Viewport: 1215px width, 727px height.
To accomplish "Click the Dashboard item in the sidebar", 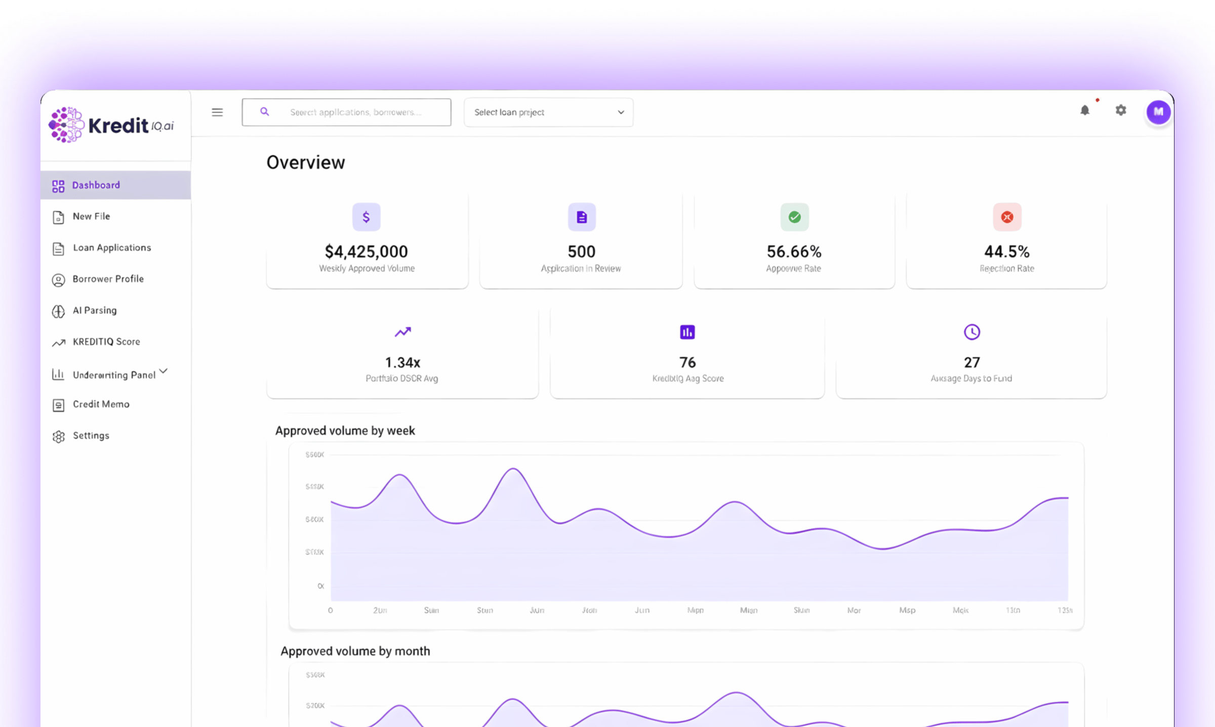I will (x=96, y=185).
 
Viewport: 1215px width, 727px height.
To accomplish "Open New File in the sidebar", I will (x=91, y=217).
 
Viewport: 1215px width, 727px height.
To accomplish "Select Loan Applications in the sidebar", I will (x=111, y=248).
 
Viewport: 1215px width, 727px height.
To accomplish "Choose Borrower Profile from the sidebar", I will (x=108, y=279).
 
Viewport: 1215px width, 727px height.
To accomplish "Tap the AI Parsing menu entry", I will (x=95, y=311).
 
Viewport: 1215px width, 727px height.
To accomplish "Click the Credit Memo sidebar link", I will (x=101, y=405).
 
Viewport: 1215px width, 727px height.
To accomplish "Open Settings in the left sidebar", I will (x=91, y=436).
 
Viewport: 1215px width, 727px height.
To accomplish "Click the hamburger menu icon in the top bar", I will (x=217, y=112).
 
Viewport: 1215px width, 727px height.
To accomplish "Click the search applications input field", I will (x=354, y=112).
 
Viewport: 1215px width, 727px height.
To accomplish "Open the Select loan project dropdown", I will (x=548, y=112).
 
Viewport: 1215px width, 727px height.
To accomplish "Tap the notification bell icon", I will (x=1085, y=110).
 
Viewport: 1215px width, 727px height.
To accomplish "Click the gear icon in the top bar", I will (x=1121, y=110).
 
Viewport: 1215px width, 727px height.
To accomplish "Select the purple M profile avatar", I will (x=1158, y=112).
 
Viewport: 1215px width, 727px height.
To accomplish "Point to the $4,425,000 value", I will (x=366, y=252).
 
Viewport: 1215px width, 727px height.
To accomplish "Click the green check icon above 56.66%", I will (x=794, y=217).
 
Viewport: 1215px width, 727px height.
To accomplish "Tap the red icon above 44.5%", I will (x=1007, y=217).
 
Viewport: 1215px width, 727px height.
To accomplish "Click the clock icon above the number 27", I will (x=971, y=332).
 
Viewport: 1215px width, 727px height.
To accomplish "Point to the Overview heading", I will (x=306, y=163).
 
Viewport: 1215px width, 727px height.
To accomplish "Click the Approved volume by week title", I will (x=345, y=431).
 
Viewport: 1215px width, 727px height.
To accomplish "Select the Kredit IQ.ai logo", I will (x=111, y=125).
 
